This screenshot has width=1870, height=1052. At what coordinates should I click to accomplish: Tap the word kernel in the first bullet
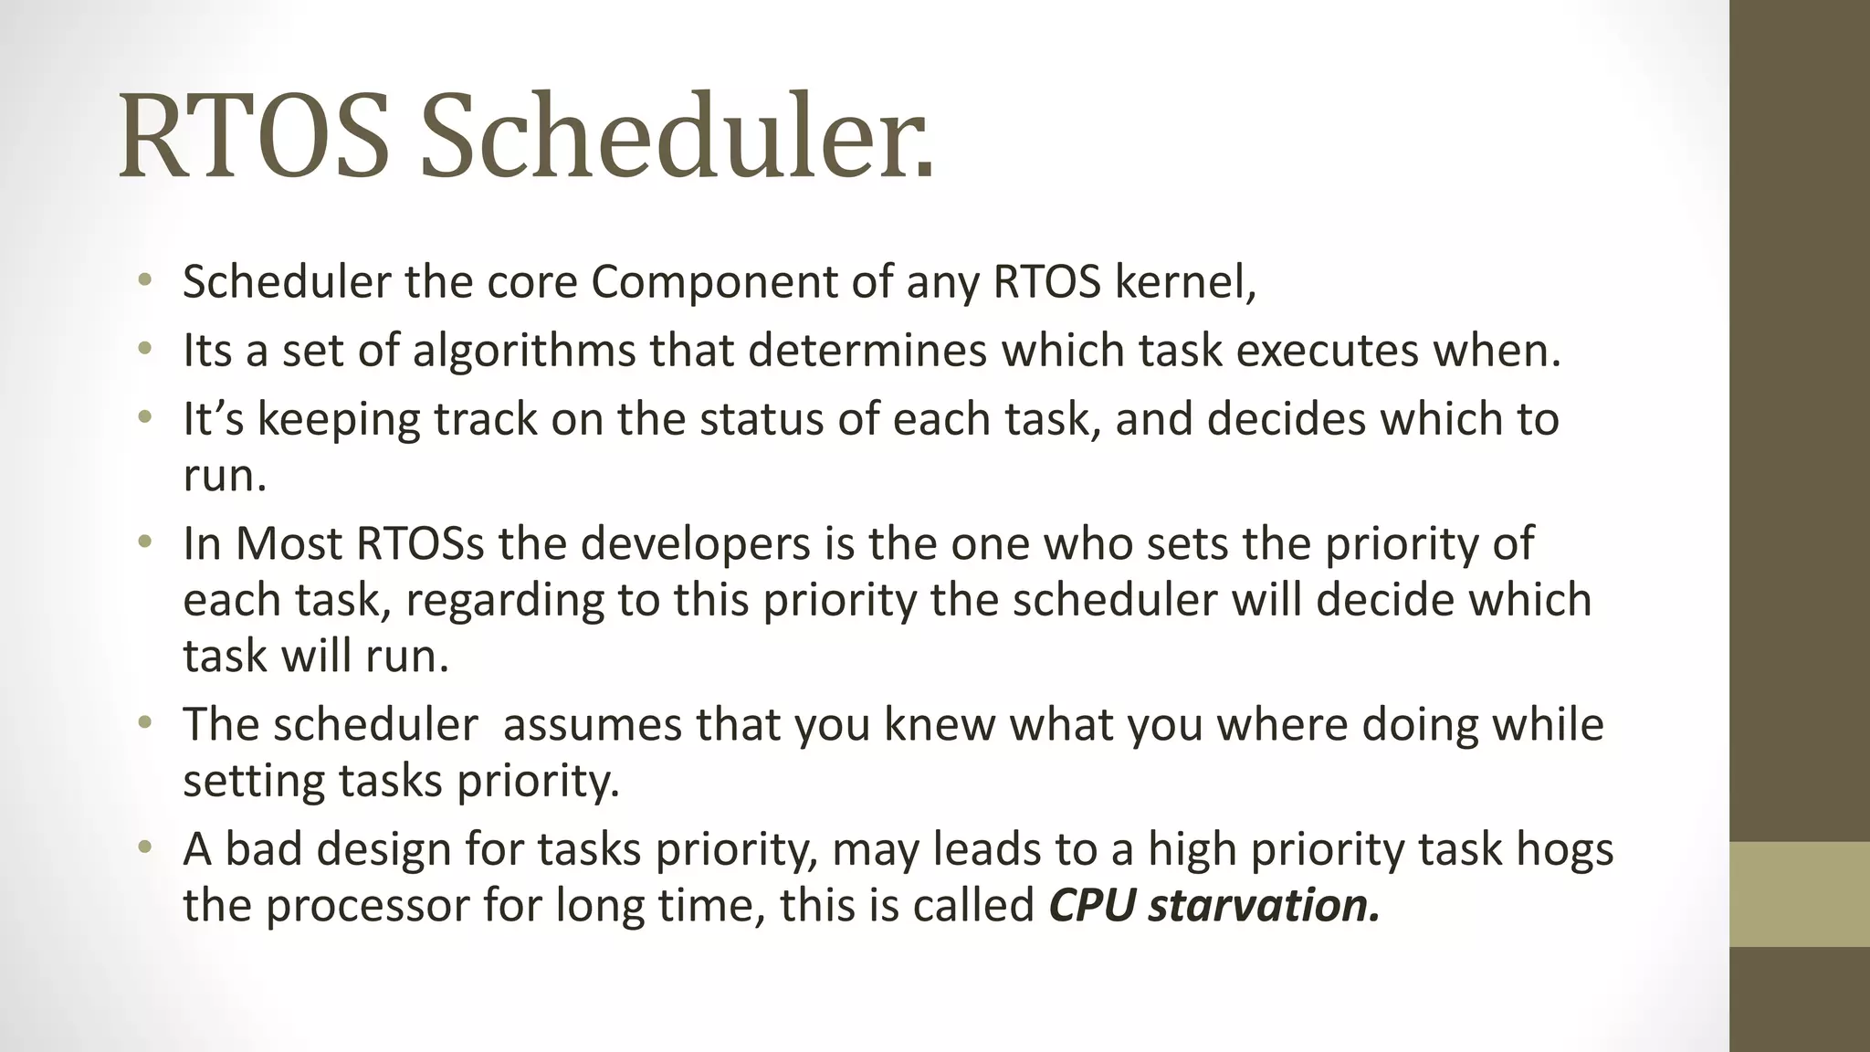(x=1184, y=282)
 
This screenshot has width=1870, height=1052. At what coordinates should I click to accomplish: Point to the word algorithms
(x=523, y=352)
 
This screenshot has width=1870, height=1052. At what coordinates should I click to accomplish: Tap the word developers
(x=696, y=544)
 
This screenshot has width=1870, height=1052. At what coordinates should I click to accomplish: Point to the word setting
(x=253, y=782)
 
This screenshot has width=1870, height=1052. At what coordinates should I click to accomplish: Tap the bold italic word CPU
(x=1091, y=906)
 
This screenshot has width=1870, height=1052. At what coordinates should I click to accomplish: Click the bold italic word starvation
(x=1263, y=906)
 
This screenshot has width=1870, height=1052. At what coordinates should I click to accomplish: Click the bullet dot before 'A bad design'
(x=143, y=849)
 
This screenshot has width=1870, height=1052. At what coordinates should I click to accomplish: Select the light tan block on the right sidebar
(x=1799, y=893)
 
